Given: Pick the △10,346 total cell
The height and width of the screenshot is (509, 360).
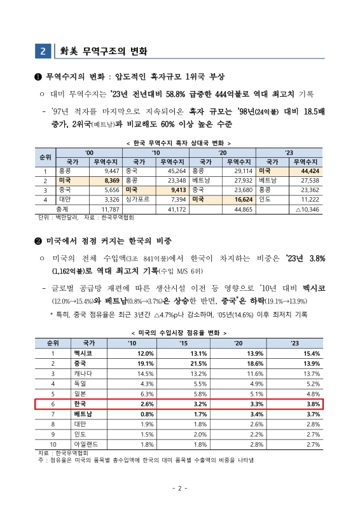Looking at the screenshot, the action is (305, 208).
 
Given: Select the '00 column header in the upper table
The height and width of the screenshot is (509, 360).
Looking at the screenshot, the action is (88, 153).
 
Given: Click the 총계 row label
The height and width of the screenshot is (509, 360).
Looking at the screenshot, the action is (45, 208).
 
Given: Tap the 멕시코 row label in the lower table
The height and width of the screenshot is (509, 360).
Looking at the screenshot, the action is (80, 352).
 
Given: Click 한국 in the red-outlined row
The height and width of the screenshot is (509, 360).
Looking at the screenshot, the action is (80, 404).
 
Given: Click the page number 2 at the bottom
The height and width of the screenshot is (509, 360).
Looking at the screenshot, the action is (179, 488).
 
